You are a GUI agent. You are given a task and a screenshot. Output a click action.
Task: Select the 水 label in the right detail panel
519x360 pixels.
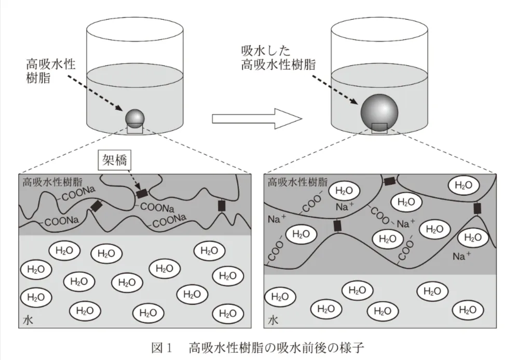273,321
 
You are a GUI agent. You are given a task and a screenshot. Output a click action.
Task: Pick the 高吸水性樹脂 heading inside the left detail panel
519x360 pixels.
52,182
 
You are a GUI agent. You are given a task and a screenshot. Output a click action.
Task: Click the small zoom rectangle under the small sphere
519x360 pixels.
135,129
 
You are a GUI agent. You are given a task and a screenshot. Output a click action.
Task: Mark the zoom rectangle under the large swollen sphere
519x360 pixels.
379,128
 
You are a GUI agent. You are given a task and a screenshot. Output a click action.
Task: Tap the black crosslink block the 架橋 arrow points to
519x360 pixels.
141,194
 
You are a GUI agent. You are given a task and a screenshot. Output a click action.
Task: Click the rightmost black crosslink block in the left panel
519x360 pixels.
222,206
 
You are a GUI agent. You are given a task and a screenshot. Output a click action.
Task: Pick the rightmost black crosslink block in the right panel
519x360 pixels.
477,209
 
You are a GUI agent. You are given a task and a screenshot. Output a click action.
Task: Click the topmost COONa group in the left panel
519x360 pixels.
79,196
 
